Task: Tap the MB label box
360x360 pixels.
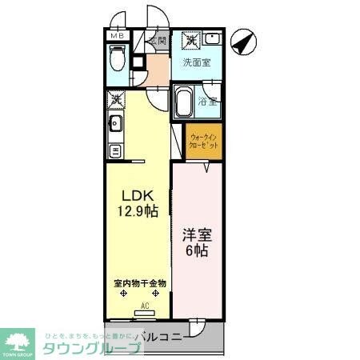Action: (116, 36)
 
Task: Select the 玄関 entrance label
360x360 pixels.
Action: (156, 41)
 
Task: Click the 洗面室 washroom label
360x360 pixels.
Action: (196, 62)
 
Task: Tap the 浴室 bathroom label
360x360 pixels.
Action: (210, 102)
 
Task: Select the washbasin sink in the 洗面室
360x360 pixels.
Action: (211, 38)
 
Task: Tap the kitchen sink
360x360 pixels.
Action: (115, 123)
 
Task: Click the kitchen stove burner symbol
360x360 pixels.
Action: (115, 150)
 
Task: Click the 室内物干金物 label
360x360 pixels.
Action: (139, 283)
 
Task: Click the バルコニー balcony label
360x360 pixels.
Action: (158, 337)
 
